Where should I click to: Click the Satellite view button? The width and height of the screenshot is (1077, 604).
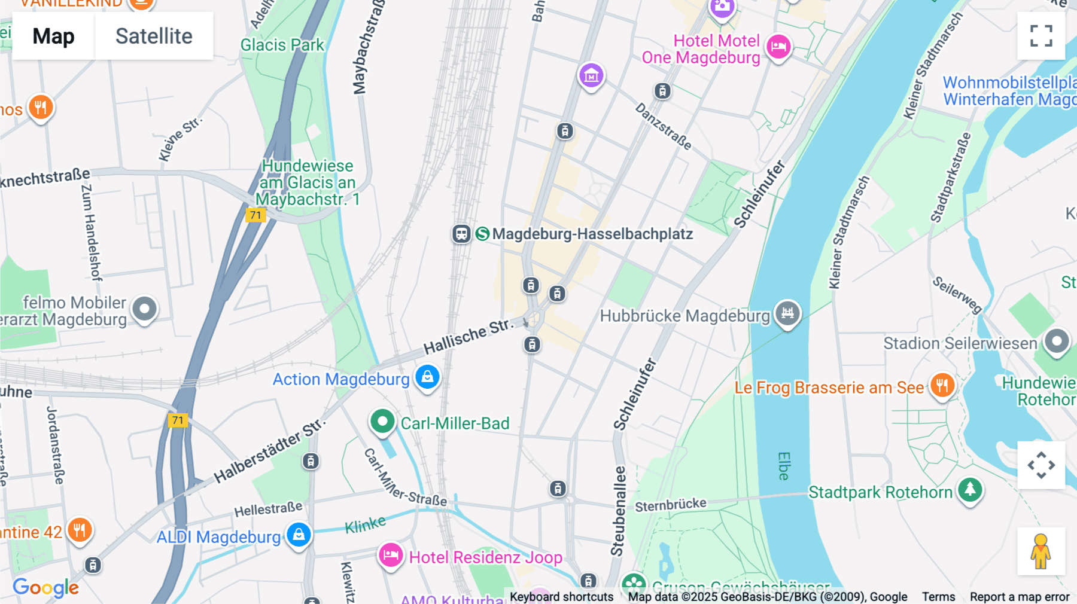point(154,36)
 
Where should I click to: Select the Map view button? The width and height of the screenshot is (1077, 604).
point(53,36)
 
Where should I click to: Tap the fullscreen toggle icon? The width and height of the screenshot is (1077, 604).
point(1041,36)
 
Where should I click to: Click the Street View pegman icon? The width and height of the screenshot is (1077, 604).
point(1041,551)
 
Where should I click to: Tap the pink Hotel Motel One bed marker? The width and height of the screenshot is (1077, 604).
point(778,46)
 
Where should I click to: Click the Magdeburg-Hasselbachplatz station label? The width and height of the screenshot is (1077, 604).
point(592,234)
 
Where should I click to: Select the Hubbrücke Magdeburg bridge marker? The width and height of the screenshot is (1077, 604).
point(787,313)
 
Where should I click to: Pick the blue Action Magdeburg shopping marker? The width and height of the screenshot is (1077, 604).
point(427,377)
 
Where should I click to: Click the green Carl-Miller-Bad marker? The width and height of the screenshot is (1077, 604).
point(382,421)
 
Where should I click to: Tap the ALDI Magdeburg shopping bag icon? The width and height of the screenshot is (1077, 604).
point(299,534)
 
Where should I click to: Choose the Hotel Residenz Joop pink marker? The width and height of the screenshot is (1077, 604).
point(391,556)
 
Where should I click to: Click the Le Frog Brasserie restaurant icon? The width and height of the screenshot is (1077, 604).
point(942,385)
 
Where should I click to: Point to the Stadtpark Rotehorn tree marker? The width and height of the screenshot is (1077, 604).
point(970,490)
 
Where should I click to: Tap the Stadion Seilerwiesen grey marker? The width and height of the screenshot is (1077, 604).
point(1056,341)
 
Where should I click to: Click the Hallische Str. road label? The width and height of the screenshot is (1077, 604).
point(468,336)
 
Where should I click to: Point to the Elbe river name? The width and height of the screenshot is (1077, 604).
point(784,466)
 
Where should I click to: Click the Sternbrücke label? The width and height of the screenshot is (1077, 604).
point(670,505)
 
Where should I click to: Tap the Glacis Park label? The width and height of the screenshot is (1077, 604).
point(282,45)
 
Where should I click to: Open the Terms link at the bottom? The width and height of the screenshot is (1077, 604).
point(938,596)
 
